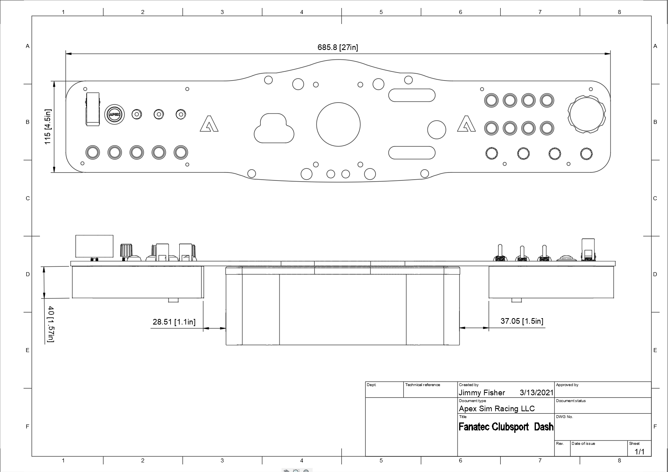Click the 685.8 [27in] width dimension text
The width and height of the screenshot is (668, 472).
[338, 47]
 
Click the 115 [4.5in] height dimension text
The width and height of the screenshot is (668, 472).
[48, 127]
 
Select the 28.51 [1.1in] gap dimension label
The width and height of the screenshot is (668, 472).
[174, 322]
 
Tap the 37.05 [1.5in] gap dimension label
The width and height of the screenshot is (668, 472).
[521, 321]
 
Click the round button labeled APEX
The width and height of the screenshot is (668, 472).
[114, 114]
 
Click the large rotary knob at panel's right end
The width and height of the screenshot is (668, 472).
[587, 114]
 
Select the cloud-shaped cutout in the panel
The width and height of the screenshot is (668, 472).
[274, 128]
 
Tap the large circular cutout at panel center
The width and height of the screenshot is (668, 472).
[338, 124]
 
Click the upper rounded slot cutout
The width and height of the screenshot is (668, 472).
[412, 95]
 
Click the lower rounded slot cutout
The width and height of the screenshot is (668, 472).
[412, 153]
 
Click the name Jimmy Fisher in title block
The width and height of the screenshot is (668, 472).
[482, 393]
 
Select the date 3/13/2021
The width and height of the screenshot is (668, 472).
[536, 393]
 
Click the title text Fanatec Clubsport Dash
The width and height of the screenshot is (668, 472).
[506, 427]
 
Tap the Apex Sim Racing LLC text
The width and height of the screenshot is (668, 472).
[496, 408]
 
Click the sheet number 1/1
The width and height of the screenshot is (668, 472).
[640, 452]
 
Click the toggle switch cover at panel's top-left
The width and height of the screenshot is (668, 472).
[93, 109]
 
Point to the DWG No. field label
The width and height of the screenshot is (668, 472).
[564, 417]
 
